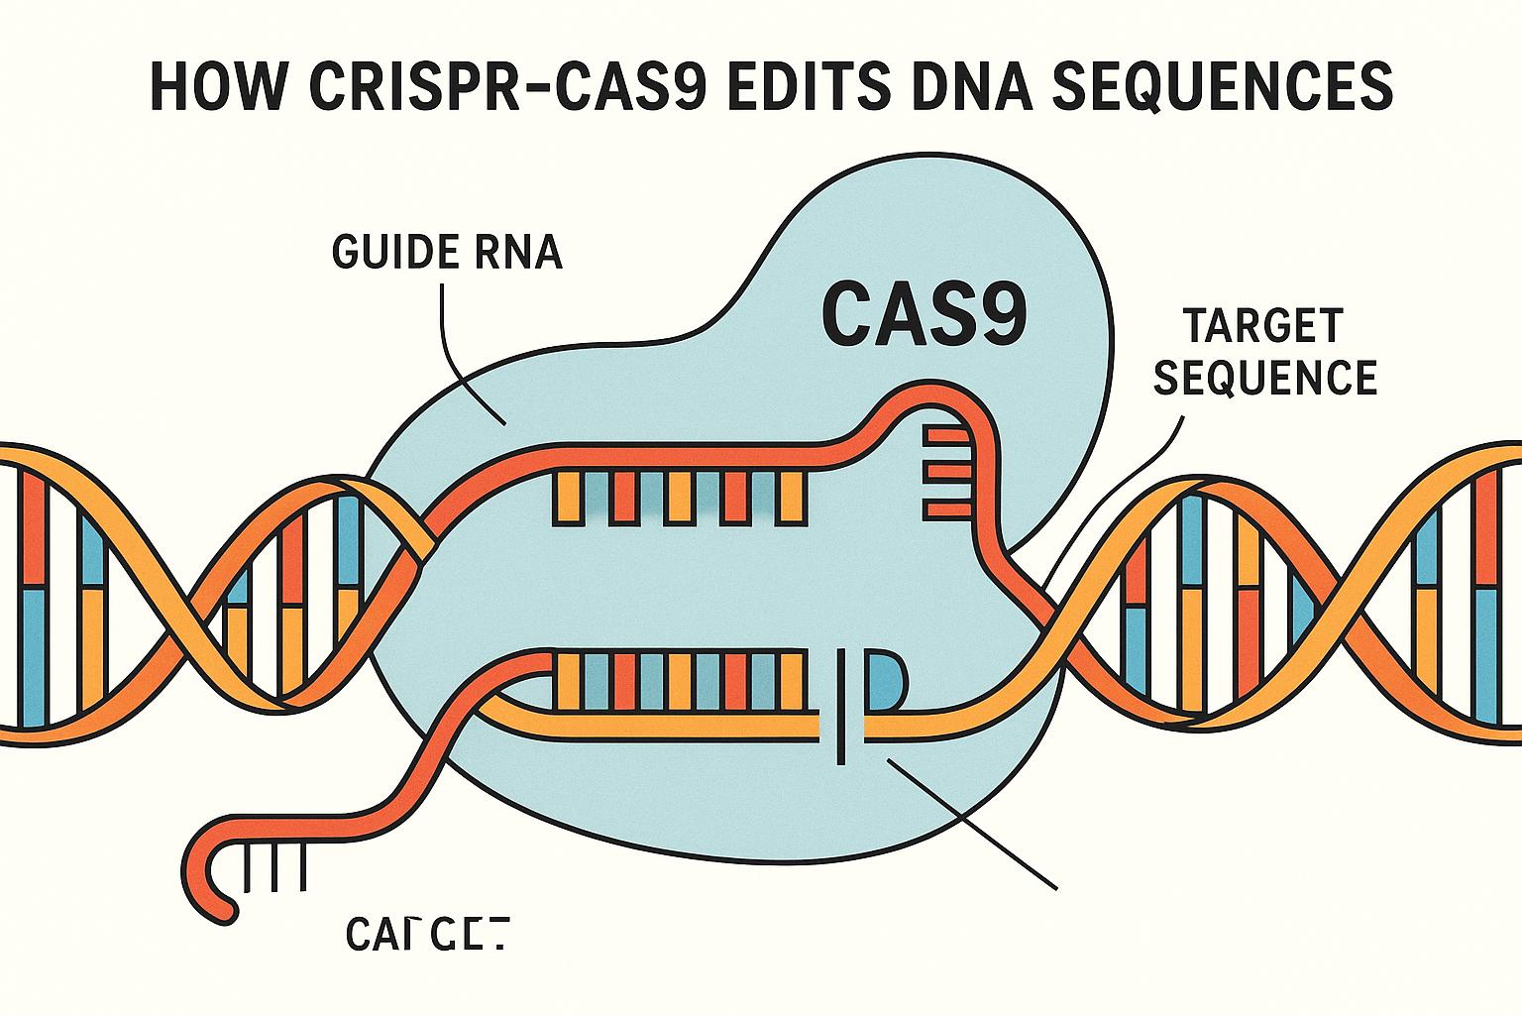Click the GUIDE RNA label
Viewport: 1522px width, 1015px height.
[447, 253]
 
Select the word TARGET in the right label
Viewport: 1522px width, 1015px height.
[1264, 325]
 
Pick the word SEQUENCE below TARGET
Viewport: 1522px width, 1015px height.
[1266, 378]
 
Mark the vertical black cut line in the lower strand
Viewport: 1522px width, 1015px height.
[841, 706]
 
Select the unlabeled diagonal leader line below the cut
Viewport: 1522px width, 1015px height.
[971, 823]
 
